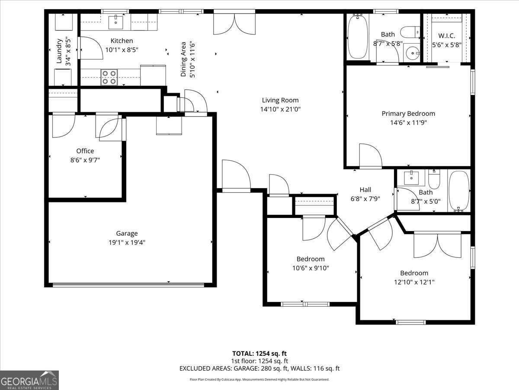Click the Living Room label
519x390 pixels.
pos(280,100)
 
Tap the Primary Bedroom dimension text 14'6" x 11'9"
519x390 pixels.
pos(408,123)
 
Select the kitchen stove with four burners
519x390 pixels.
pos(109,77)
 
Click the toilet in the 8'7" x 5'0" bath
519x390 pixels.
pos(434,179)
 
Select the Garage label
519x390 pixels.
pos(127,234)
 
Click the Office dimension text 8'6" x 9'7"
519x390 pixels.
pos(85,160)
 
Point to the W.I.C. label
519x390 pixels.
pos(447,35)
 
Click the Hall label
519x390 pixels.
pos(365,189)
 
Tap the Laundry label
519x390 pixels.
pos(59,52)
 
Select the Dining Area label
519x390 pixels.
pos(183,59)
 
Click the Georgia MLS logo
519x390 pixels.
pos(29,380)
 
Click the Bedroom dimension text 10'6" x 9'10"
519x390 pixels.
pos(311,268)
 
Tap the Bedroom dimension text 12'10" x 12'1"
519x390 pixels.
pos(414,282)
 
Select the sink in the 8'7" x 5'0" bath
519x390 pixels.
pos(410,177)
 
